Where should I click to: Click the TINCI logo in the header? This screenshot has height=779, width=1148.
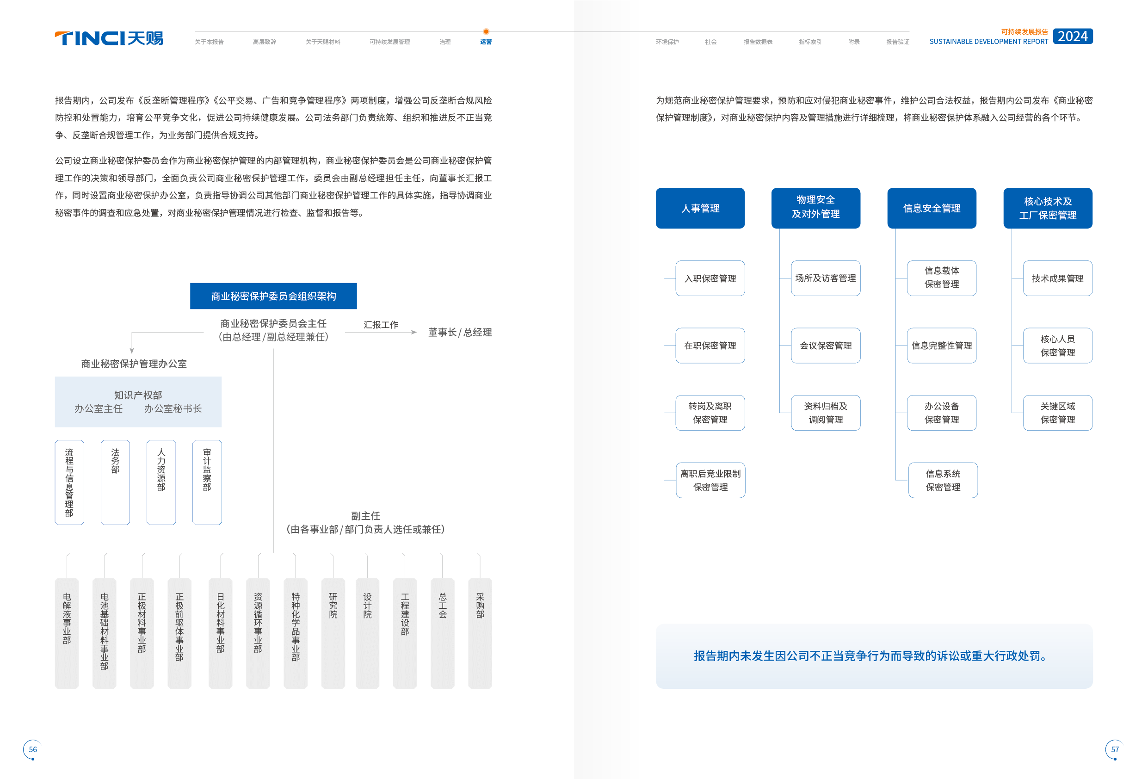tap(109, 38)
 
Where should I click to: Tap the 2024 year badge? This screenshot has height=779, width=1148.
tap(1073, 36)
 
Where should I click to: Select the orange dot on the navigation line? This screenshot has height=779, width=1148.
tap(486, 31)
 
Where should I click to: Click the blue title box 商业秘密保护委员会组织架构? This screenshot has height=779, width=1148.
tap(273, 296)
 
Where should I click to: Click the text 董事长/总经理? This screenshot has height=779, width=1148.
tap(459, 333)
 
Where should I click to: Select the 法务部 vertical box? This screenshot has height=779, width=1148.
tap(115, 482)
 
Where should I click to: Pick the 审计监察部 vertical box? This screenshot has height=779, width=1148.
tap(207, 482)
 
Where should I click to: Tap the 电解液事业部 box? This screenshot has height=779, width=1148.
tap(67, 632)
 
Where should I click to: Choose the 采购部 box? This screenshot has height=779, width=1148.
tap(480, 632)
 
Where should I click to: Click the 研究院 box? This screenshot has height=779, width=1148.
tap(333, 632)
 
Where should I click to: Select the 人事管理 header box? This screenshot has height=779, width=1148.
tap(700, 208)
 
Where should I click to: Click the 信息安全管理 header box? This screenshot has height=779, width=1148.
tap(932, 208)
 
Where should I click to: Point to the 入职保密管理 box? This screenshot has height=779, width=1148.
tap(710, 278)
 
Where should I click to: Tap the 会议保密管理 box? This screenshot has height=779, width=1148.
tap(826, 345)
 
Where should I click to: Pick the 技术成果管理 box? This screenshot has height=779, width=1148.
tap(1057, 278)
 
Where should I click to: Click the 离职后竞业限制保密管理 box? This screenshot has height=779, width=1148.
tap(710, 480)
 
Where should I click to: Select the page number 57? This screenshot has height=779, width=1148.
tap(1114, 749)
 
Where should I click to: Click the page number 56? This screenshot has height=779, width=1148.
tap(32, 749)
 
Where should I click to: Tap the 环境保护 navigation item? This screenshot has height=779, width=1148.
tap(667, 42)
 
